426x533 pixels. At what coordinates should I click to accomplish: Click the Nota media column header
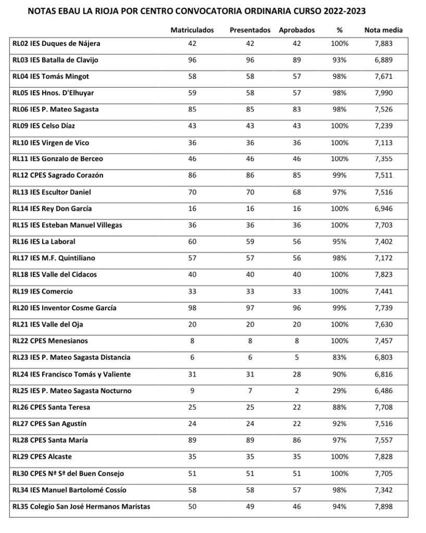click(x=383, y=30)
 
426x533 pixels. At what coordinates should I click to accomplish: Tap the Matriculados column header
click(x=192, y=30)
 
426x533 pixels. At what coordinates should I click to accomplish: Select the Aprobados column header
click(x=297, y=30)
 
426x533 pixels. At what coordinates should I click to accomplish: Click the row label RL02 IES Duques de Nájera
click(x=56, y=44)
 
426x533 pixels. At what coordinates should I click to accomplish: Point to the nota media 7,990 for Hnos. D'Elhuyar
click(x=383, y=93)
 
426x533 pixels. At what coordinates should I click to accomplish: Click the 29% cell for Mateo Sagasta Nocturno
click(x=340, y=391)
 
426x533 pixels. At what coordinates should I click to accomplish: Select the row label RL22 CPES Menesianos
click(x=50, y=341)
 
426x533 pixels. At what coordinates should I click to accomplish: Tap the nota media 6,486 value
click(x=383, y=391)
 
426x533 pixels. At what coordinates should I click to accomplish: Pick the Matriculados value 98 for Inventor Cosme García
click(x=192, y=308)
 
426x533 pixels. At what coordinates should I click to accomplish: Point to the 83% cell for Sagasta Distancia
click(x=340, y=358)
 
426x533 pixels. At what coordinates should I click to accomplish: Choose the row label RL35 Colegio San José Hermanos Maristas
click(x=81, y=506)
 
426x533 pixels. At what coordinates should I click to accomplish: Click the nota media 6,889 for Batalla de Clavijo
click(x=383, y=60)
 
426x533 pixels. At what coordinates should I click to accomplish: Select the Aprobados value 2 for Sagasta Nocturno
click(x=297, y=391)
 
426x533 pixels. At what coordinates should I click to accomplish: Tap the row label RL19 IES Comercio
click(x=43, y=291)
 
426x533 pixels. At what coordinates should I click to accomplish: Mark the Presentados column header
click(x=250, y=30)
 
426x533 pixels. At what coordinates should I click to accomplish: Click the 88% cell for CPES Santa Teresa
click(x=340, y=407)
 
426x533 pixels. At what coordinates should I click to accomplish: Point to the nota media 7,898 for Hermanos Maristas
click(x=383, y=506)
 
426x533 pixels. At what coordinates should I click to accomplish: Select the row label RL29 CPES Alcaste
click(x=42, y=457)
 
